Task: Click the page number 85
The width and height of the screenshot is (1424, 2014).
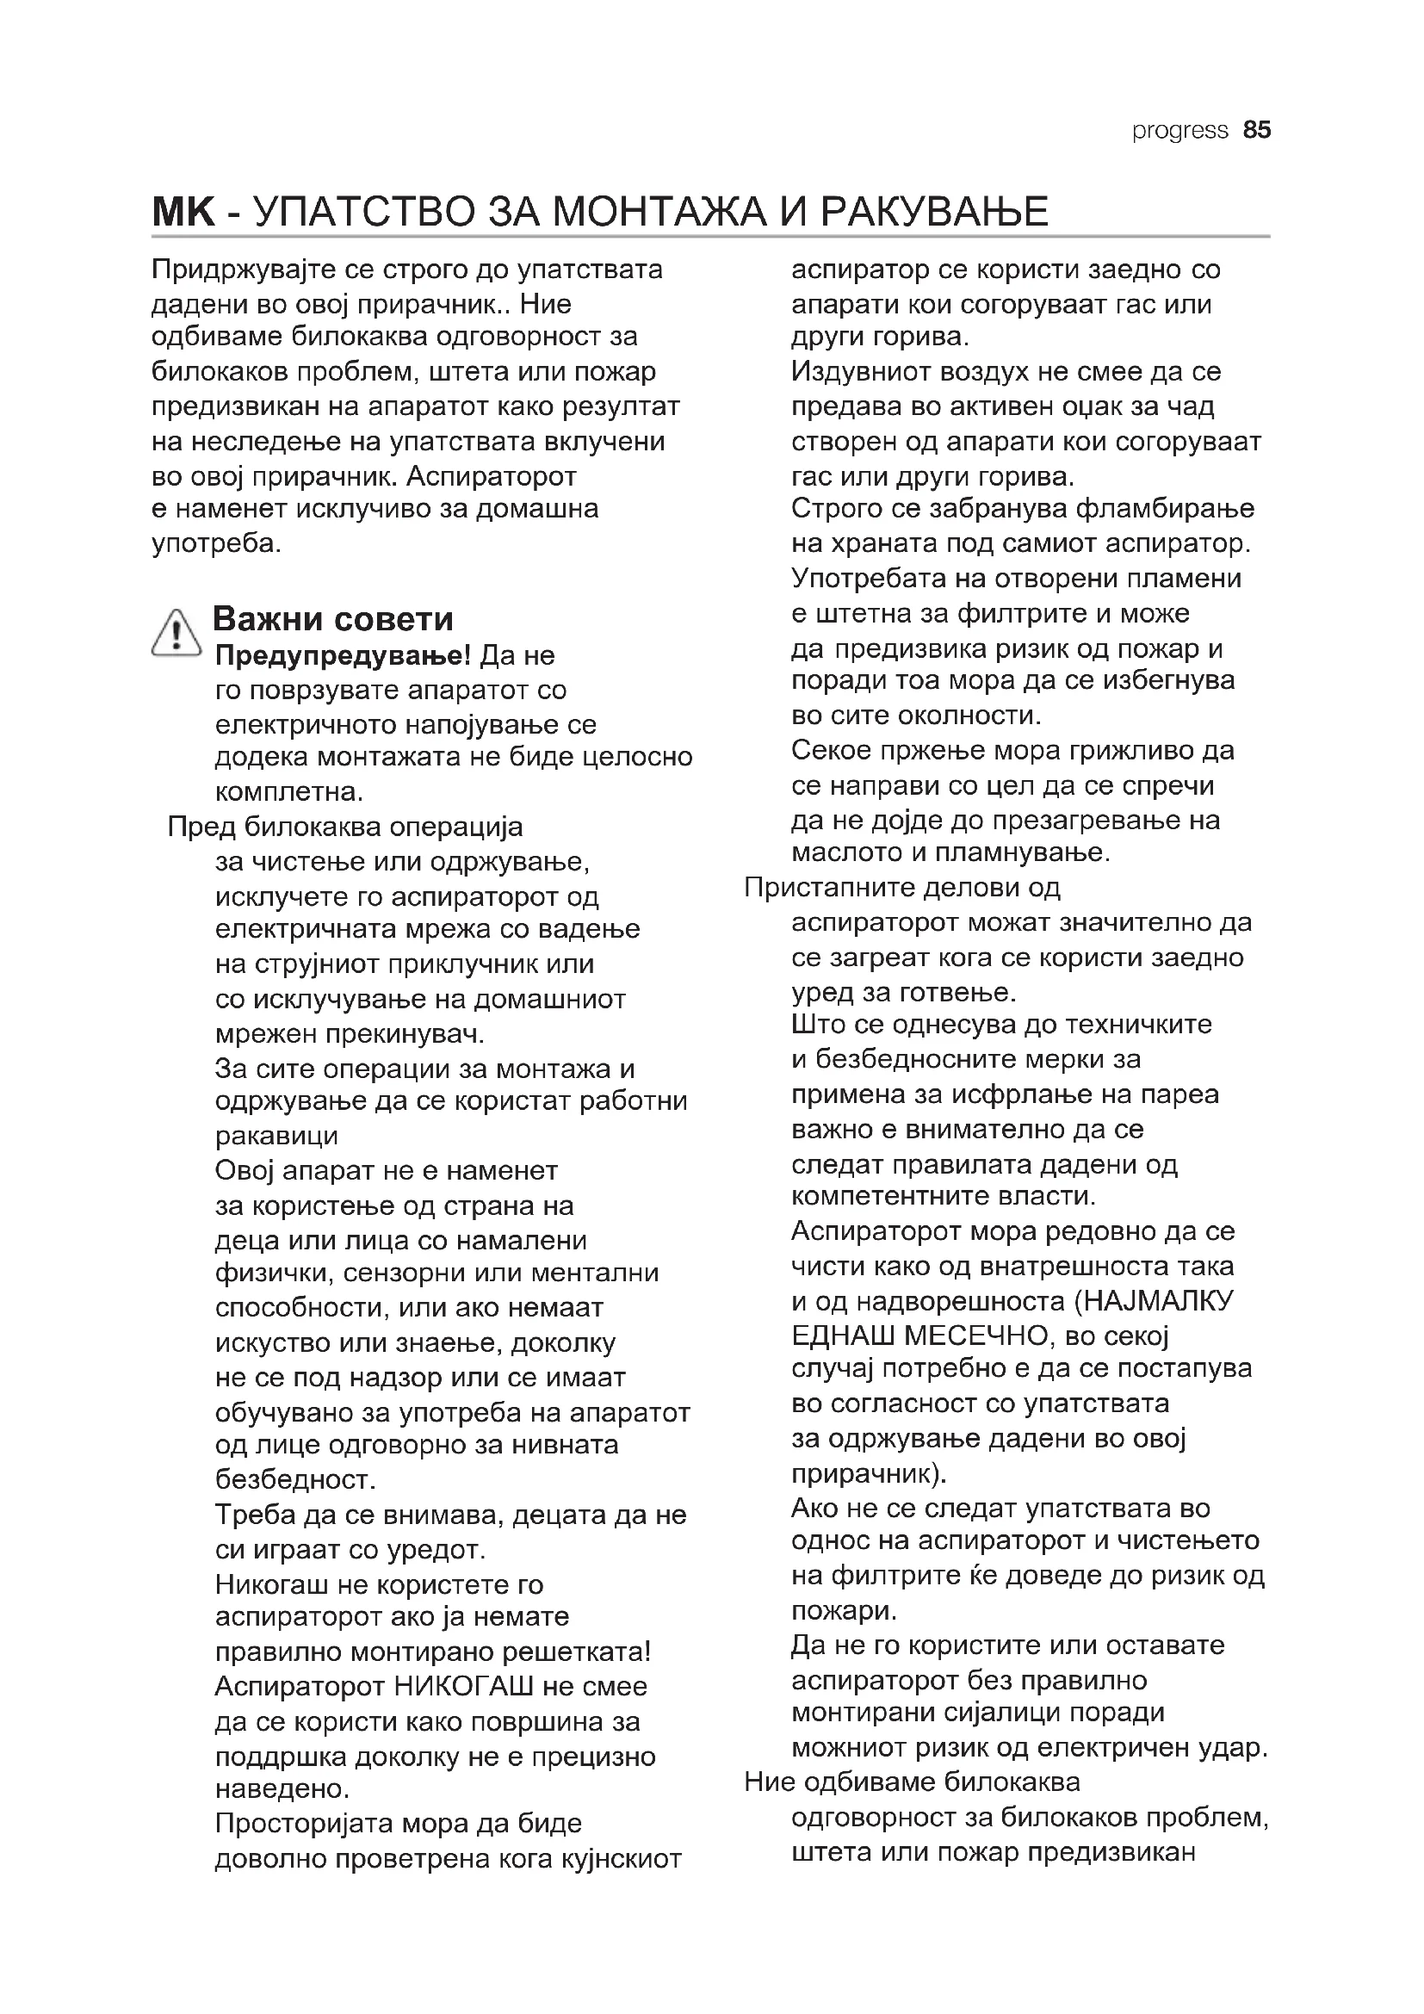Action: click(1256, 131)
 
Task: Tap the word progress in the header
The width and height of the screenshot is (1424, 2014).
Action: click(1179, 131)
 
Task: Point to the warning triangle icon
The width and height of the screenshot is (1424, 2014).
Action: click(176, 633)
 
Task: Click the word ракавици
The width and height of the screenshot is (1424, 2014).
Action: click(276, 1136)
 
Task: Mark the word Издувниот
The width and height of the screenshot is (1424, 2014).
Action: click(860, 372)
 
